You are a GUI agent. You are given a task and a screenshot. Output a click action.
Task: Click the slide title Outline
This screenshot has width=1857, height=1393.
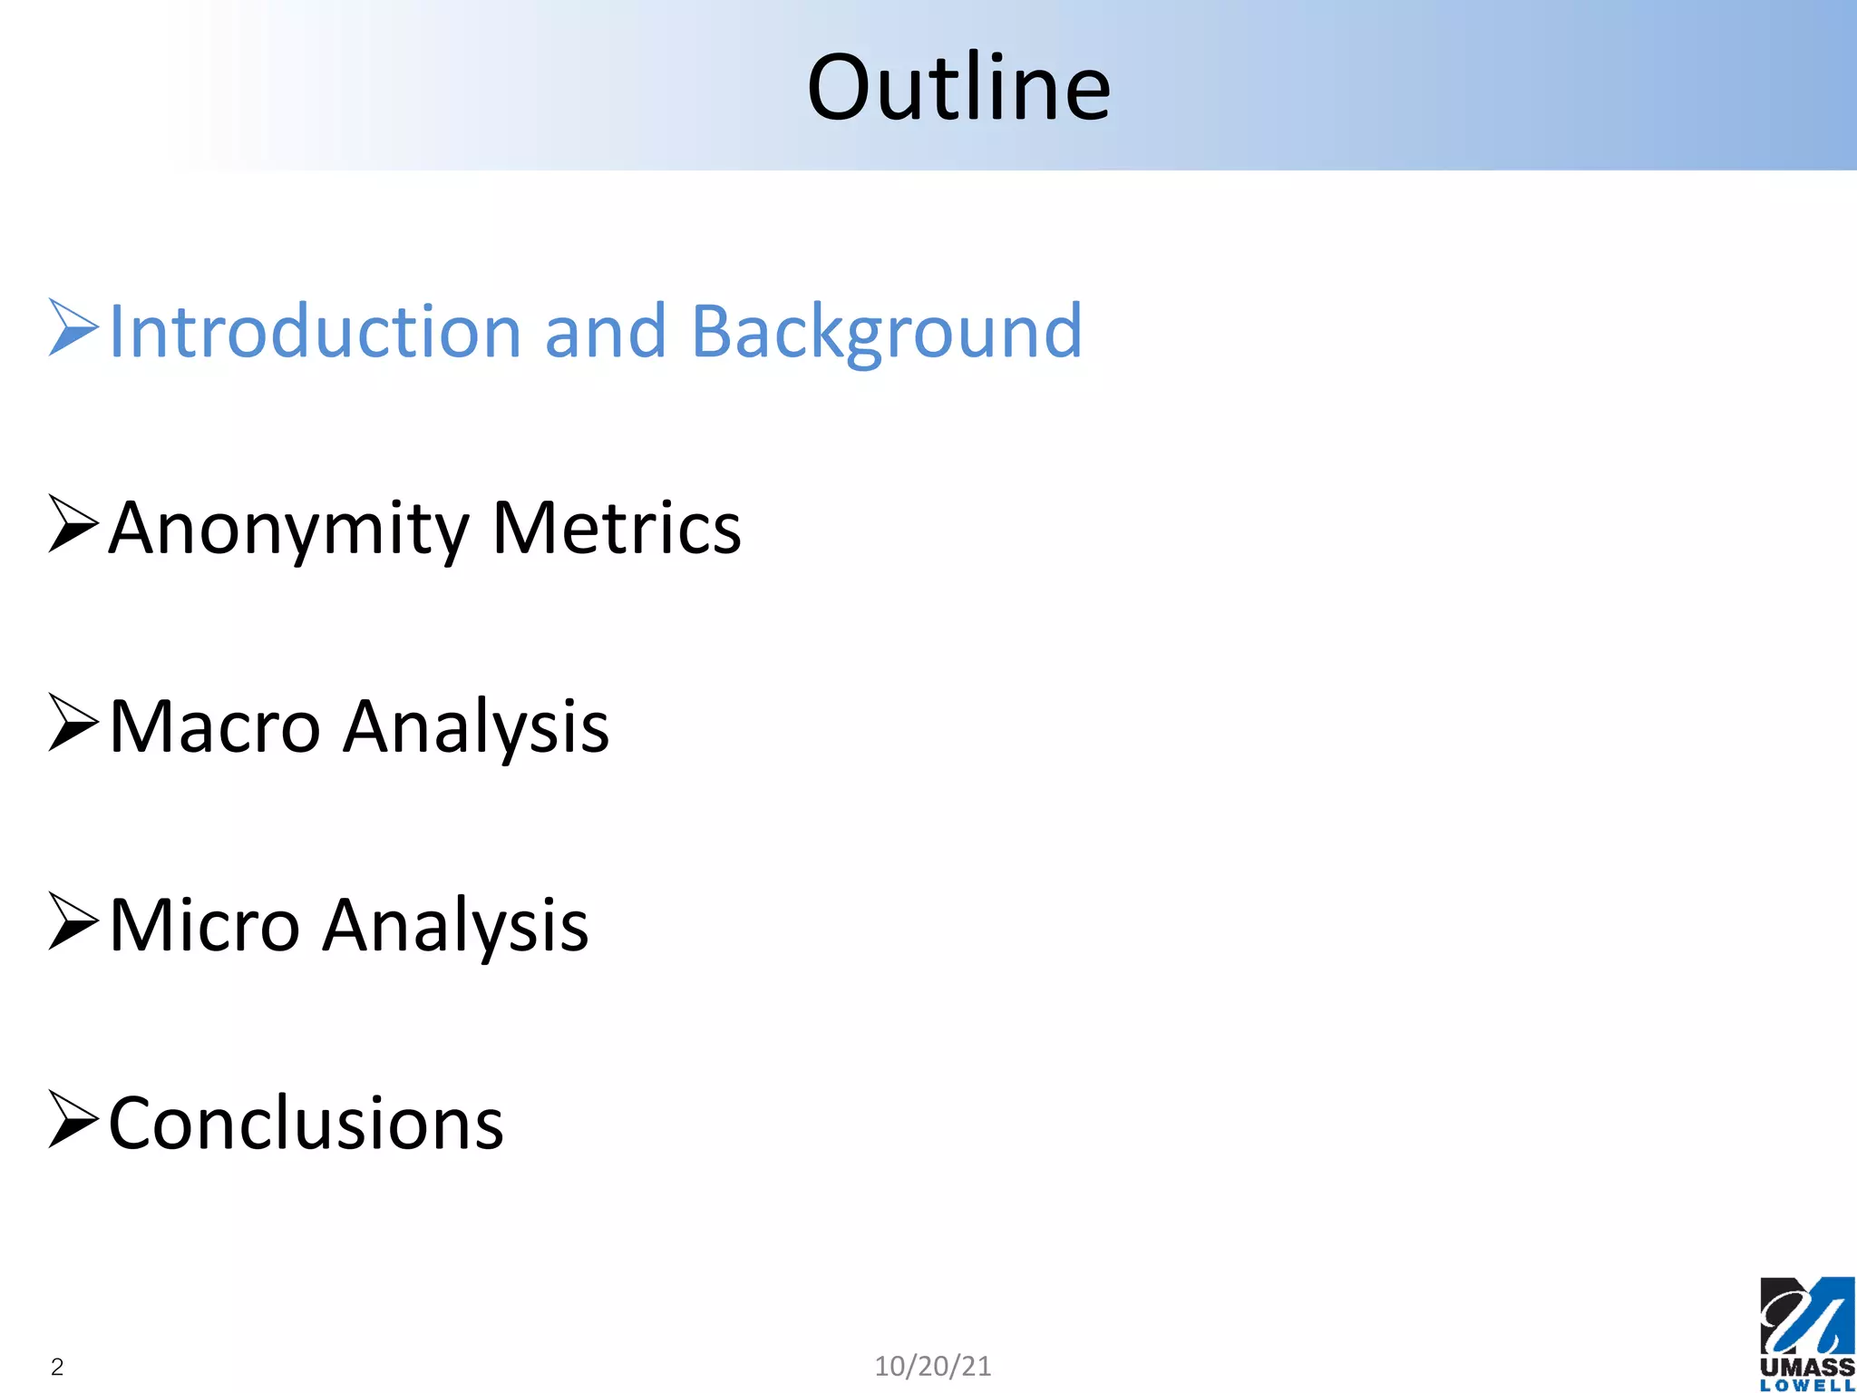tap(958, 87)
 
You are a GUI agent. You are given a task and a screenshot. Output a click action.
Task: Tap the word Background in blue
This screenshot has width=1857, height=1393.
tap(886, 332)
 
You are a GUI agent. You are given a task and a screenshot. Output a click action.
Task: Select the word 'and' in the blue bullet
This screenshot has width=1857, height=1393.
tap(605, 332)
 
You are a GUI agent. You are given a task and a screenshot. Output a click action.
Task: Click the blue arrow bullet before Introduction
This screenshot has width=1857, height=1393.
tap(73, 327)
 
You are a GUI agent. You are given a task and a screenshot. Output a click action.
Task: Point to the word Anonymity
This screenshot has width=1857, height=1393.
tap(289, 529)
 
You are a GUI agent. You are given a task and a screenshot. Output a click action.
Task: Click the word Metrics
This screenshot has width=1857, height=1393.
tap(616, 529)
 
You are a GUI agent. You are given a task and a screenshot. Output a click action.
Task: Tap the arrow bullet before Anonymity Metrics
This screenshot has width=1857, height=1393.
tap(73, 524)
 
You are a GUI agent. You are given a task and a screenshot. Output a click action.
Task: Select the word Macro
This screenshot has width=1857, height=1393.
tap(215, 727)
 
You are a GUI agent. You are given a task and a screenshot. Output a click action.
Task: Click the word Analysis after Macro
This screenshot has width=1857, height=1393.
tap(476, 727)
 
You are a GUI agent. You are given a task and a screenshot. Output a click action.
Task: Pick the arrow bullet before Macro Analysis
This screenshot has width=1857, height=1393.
tap(73, 723)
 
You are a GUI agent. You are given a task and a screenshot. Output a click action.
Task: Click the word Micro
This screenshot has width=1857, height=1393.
tap(205, 926)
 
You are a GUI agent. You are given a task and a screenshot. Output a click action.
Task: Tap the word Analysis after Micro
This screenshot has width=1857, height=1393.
tap(456, 926)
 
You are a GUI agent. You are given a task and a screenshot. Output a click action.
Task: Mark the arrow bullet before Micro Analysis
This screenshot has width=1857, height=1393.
tap(73, 921)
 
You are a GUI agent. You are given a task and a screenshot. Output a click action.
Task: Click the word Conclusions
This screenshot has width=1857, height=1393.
tap(306, 1125)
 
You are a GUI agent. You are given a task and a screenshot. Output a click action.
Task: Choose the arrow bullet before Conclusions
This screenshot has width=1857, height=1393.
tap(73, 1120)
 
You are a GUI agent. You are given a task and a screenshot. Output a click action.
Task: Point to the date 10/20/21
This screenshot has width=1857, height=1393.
tap(932, 1366)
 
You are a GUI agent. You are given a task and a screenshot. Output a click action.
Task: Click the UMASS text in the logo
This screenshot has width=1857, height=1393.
tap(1806, 1367)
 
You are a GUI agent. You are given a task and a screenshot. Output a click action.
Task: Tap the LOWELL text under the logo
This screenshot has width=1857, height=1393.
tap(1806, 1386)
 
